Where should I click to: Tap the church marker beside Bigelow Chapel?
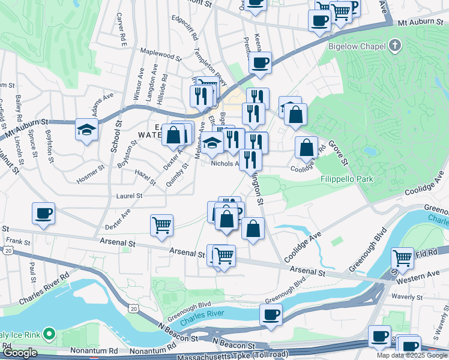click(394, 45)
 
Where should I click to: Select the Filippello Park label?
click(346, 179)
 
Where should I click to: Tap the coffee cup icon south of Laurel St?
click(43, 214)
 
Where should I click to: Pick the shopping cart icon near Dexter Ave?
click(161, 226)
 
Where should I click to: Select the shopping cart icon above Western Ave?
click(402, 258)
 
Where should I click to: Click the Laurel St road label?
click(129, 196)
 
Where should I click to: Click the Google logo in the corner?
click(20, 353)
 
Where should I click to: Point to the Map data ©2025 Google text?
click(412, 355)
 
